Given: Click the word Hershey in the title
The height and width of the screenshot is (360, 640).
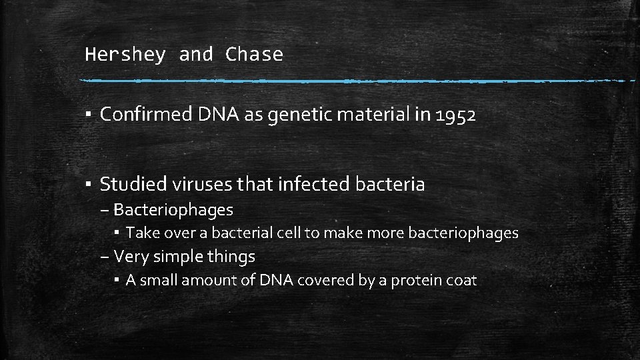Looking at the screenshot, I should pos(125,55).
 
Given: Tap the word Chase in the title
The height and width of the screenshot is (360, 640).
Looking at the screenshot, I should pos(254,55).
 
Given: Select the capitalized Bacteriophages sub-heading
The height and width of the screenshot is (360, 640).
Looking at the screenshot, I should pos(173,210).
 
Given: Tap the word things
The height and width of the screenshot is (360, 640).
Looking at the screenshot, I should pos(231,257).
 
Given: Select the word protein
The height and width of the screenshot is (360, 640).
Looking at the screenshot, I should pos(416,281).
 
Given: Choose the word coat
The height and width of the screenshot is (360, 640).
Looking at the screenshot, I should pos(462,281).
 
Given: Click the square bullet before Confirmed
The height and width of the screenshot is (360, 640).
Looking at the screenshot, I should pos(89,116).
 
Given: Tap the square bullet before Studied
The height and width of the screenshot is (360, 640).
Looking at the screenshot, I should pos(89,185).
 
